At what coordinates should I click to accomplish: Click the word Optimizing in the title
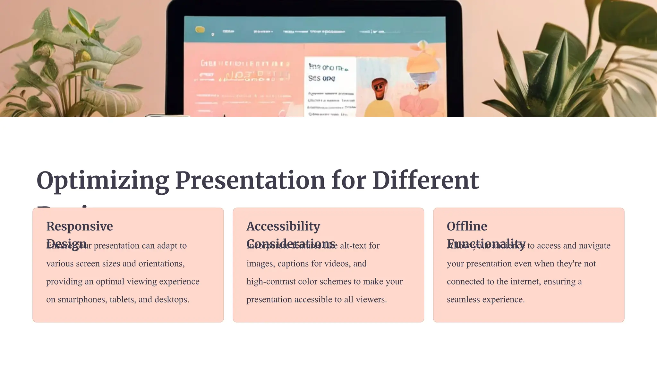click(x=103, y=181)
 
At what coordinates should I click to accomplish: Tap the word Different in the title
click(x=425, y=181)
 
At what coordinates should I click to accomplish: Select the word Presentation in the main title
click(x=250, y=181)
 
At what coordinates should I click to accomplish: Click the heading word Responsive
click(x=80, y=226)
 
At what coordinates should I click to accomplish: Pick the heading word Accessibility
click(x=283, y=226)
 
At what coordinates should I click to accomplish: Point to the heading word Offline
click(x=467, y=226)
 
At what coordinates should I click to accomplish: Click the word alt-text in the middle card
click(x=353, y=246)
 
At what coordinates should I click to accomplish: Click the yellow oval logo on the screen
click(x=200, y=30)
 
